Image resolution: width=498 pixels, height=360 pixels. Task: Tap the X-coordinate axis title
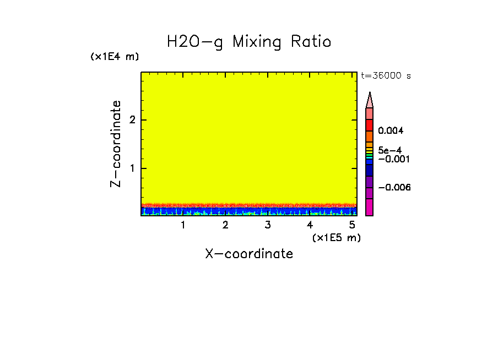coord(249,254)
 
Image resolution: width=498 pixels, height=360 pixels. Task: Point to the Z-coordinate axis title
coord(116,144)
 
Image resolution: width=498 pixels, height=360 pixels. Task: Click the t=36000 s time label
coord(386,76)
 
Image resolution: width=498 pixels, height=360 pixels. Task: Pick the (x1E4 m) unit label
coord(115,57)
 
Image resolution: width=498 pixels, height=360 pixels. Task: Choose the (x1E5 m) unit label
coord(336,237)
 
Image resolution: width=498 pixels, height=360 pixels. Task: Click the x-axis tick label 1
coord(183,225)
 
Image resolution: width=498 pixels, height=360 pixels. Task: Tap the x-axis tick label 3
coord(268,225)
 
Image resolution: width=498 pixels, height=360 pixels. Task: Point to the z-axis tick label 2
coord(132,120)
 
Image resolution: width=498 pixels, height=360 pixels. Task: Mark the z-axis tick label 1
coord(132,168)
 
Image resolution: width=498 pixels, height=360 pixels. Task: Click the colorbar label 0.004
coord(391,131)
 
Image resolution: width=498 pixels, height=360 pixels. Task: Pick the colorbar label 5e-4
coord(389,150)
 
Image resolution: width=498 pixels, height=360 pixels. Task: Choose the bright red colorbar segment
coord(370,125)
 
